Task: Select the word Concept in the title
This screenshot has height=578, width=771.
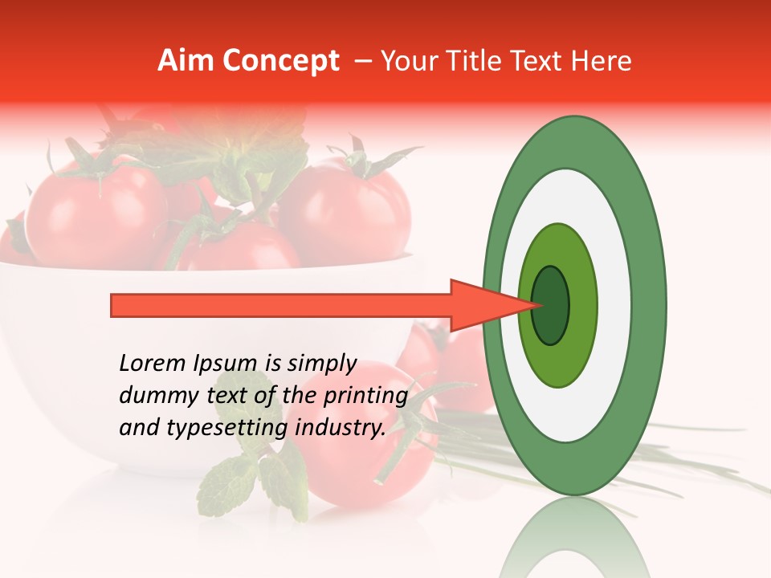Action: [280, 61]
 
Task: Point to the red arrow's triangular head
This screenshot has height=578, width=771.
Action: [490, 305]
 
